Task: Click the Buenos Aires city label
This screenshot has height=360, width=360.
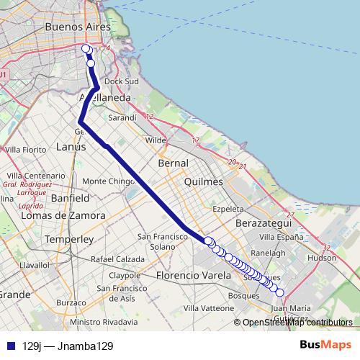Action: point(77,26)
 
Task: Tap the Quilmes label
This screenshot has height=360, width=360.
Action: point(204,183)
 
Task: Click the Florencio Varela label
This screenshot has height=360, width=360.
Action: point(190,275)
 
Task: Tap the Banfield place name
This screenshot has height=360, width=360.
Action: point(70,197)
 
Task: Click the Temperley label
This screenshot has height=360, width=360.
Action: point(64,238)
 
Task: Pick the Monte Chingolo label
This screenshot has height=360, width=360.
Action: point(104,181)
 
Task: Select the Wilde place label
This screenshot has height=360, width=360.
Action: point(156,140)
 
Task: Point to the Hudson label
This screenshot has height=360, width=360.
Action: point(321,257)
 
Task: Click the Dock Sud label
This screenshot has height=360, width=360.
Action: point(127,81)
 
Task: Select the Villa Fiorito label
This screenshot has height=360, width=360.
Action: point(25,149)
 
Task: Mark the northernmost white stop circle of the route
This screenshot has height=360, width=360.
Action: point(86,49)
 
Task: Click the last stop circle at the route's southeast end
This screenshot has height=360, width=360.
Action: point(280,292)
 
